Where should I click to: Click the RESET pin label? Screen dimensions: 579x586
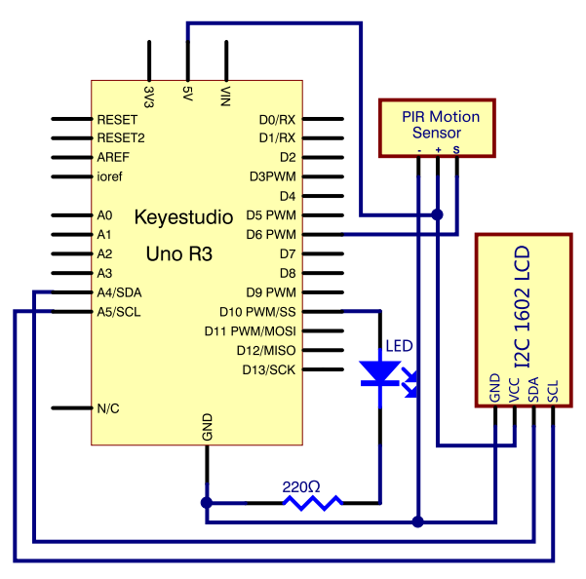[115, 119]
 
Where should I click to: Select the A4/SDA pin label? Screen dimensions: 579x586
[120, 292]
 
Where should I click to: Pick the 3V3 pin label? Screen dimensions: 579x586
[149, 97]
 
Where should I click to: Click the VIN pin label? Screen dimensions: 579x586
[226, 97]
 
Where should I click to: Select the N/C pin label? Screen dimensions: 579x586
[108, 408]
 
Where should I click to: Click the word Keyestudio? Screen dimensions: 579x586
[183, 216]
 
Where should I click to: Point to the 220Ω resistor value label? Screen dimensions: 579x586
[300, 485]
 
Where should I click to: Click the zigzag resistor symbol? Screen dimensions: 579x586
[312, 502]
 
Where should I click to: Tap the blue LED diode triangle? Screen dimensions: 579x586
[379, 372]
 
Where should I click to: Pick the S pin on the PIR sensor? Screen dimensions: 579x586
[455, 149]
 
